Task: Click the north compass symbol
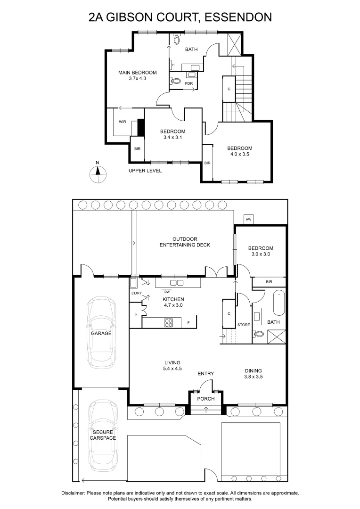(98, 174)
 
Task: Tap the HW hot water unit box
(249, 220)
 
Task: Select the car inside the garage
(101, 333)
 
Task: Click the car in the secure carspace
(103, 435)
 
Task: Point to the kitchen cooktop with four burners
(169, 323)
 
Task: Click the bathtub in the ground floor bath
(279, 303)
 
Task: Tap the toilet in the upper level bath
(177, 39)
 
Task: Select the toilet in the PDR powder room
(176, 80)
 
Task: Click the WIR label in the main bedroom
(123, 122)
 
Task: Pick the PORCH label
(206, 399)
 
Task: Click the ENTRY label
(206, 374)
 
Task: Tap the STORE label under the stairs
(244, 325)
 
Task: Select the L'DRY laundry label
(137, 293)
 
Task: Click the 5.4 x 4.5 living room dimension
(172, 369)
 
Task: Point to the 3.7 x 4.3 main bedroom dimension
(137, 78)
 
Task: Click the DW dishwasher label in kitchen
(167, 292)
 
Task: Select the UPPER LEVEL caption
(145, 171)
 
